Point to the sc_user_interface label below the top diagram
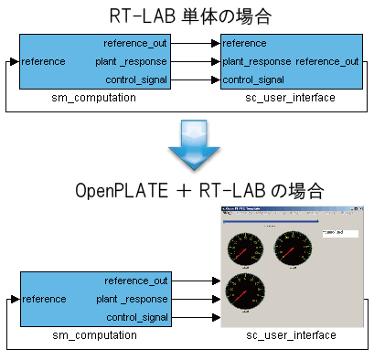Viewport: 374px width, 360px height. (x=291, y=97)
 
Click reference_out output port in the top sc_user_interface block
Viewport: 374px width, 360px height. (x=326, y=61)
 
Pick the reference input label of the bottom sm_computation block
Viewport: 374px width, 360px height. (x=44, y=299)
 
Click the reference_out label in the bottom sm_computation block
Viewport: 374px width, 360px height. (x=136, y=281)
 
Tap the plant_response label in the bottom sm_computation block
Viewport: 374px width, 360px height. (x=133, y=299)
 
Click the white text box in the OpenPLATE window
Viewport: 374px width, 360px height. (x=337, y=233)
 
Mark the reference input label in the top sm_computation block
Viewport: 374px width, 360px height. (x=43, y=61)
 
